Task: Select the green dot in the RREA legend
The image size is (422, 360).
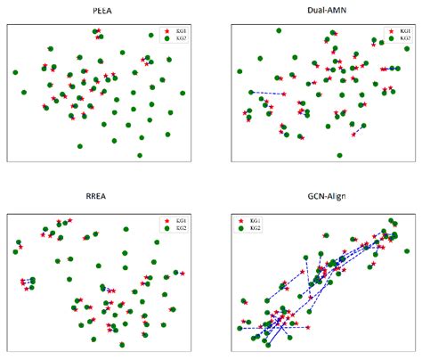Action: coord(166,228)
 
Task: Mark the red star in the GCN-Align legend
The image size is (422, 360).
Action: coord(242,220)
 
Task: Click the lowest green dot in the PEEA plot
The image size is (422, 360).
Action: coord(140,155)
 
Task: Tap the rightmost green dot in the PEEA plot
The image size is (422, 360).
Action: coord(183,93)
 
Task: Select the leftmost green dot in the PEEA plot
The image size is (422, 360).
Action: coord(15,72)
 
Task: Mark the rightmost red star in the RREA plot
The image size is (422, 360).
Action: coord(183,273)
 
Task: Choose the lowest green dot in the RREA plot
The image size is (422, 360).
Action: coord(122,344)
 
